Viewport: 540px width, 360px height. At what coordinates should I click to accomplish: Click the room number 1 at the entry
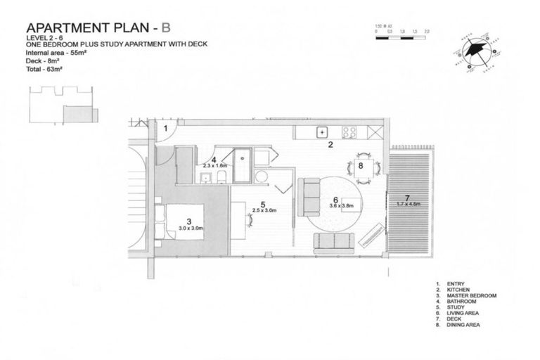(165, 128)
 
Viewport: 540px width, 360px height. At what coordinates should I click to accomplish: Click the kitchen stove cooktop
(350, 131)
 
